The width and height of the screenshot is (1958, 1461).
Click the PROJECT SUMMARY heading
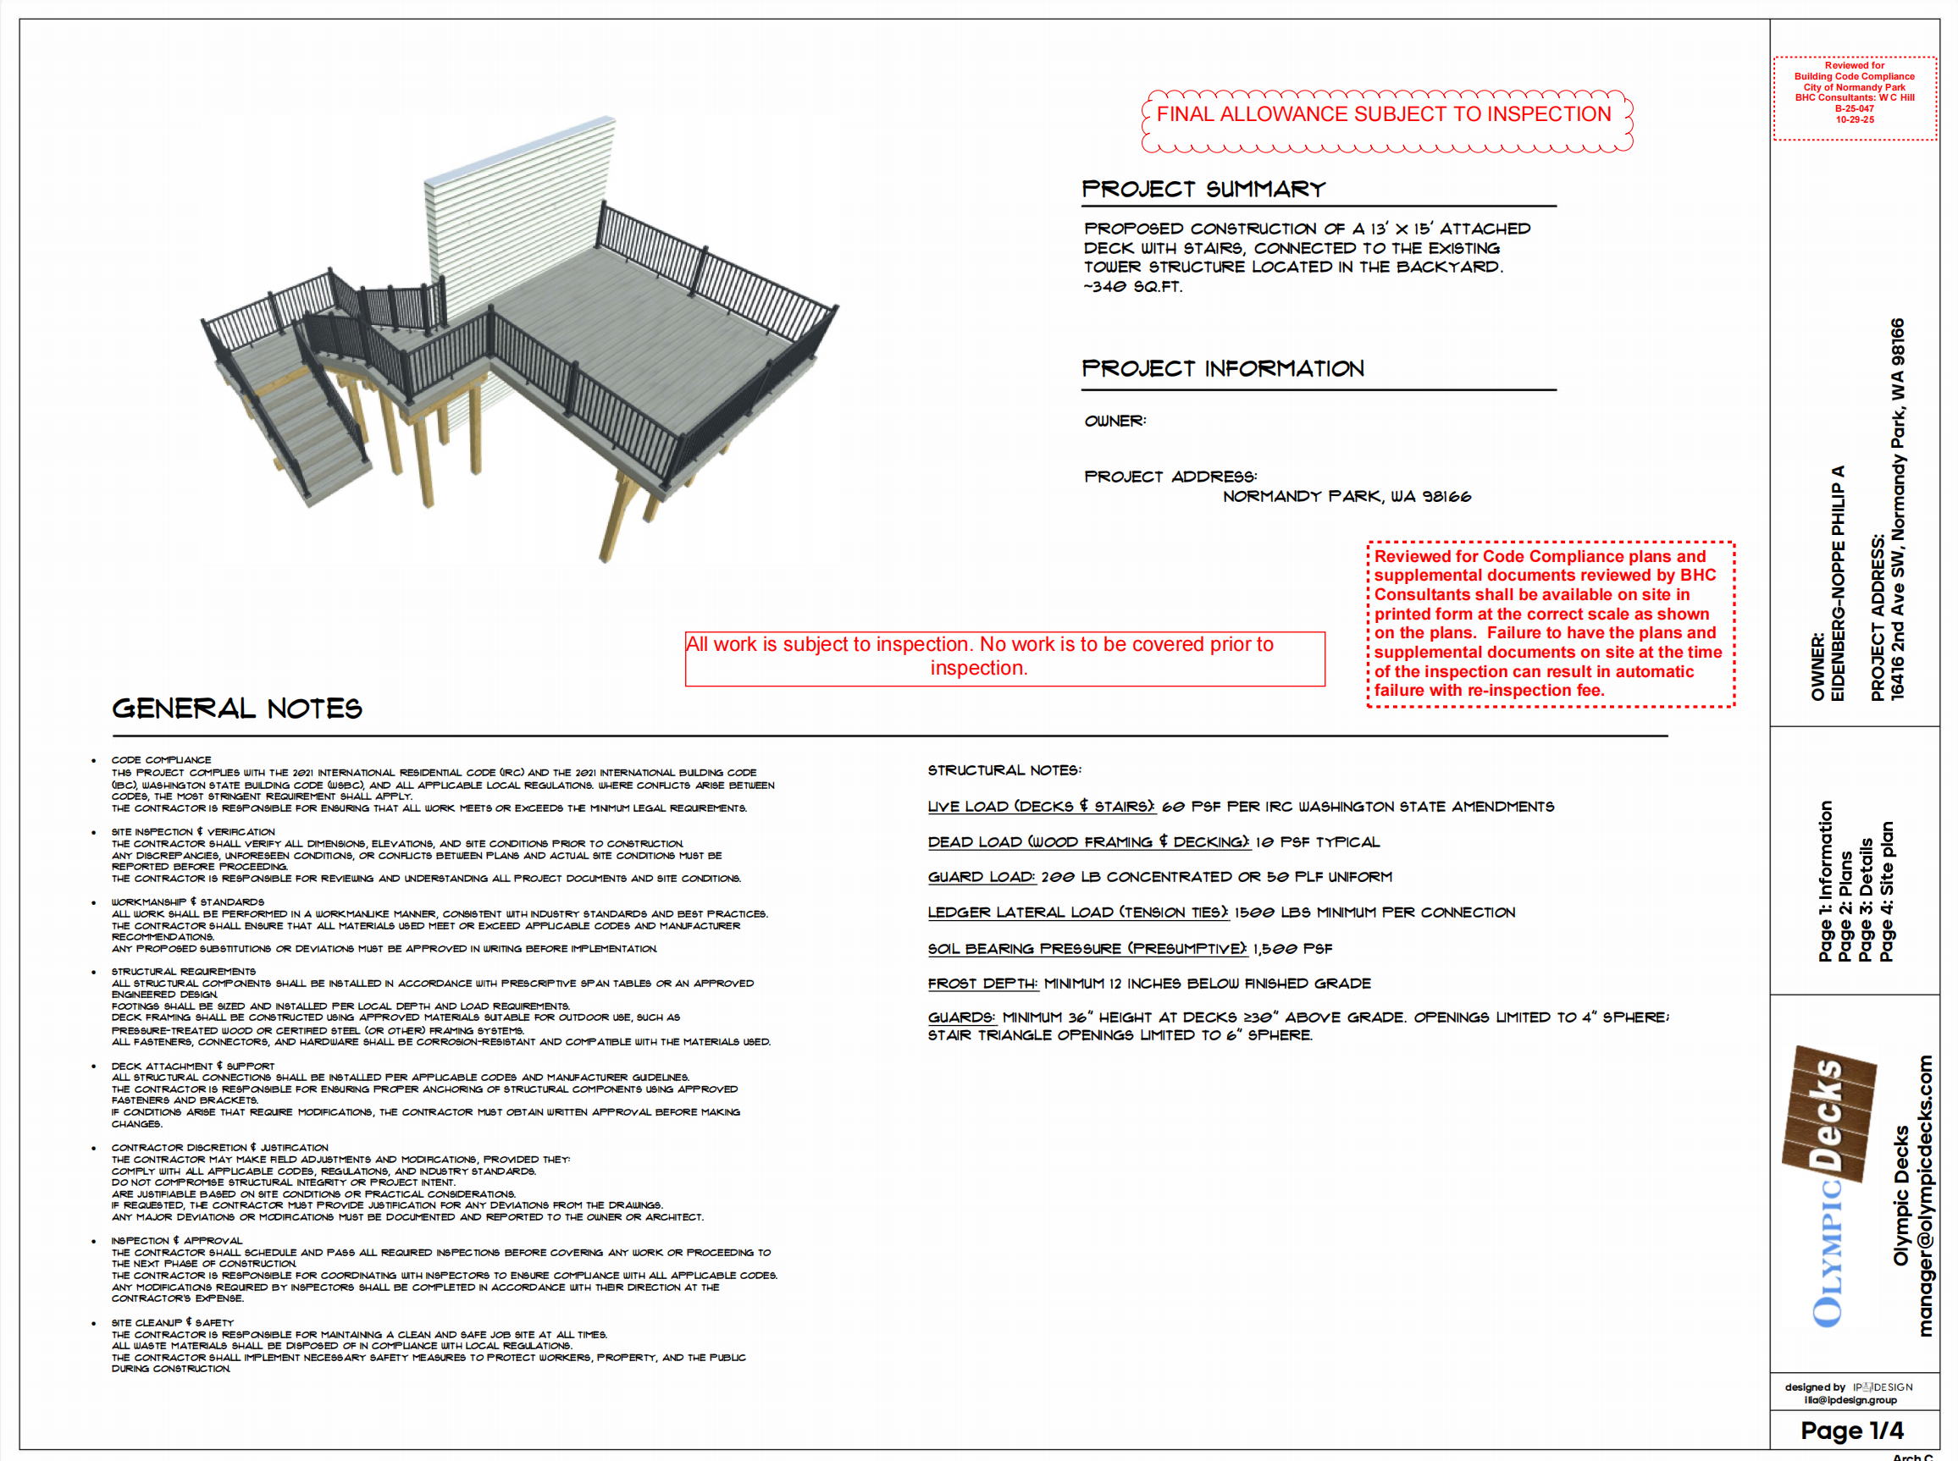pos(1203,190)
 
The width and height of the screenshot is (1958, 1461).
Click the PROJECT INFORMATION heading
pos(1223,369)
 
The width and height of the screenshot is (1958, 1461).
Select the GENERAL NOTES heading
pos(237,708)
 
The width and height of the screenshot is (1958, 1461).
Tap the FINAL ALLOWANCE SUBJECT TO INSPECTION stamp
pos(1384,115)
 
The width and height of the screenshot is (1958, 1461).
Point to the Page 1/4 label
pos(1852,1431)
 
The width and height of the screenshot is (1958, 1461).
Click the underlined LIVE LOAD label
pos(1041,807)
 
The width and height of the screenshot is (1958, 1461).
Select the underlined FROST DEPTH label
pos(982,984)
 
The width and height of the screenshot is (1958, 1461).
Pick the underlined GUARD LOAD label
pos(982,877)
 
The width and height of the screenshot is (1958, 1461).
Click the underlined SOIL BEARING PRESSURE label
pos(1087,949)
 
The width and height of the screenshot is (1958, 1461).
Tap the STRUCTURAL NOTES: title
pos(1004,770)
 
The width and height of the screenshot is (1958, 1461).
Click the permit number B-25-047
pos(1855,109)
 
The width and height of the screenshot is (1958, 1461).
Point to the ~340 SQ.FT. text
pos(1133,287)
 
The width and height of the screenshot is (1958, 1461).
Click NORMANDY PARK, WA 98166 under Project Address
pos(1347,497)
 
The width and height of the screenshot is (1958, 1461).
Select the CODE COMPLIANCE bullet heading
pos(161,759)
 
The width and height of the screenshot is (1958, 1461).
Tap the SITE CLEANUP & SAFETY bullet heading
pos(172,1323)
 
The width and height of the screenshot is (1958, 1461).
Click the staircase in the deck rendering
pos(310,425)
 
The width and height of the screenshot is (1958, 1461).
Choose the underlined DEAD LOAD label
pos(1088,842)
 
